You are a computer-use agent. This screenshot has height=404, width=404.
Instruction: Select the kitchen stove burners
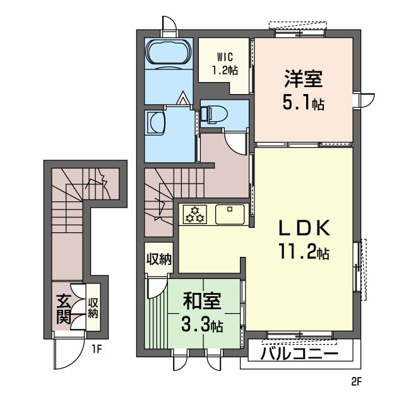[x=194, y=215]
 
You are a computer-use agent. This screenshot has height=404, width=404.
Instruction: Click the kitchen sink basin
[x=230, y=214]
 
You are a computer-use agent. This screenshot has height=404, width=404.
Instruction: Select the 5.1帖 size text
[x=303, y=102]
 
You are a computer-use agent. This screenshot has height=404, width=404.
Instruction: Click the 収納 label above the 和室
[x=158, y=259]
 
